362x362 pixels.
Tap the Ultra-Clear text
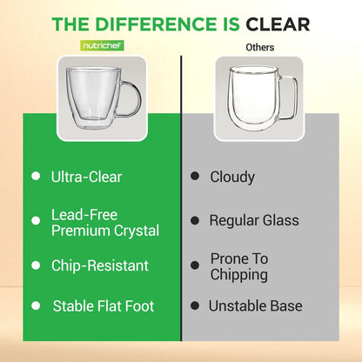(85, 177)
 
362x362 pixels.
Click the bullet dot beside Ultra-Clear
(37, 177)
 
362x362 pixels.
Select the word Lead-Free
(84, 214)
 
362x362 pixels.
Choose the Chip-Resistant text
(99, 265)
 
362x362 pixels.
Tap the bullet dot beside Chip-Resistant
(37, 265)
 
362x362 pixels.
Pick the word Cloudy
(232, 177)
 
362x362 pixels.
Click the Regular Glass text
(253, 220)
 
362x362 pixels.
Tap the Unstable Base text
(255, 306)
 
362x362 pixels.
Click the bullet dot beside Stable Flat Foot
(37, 306)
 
